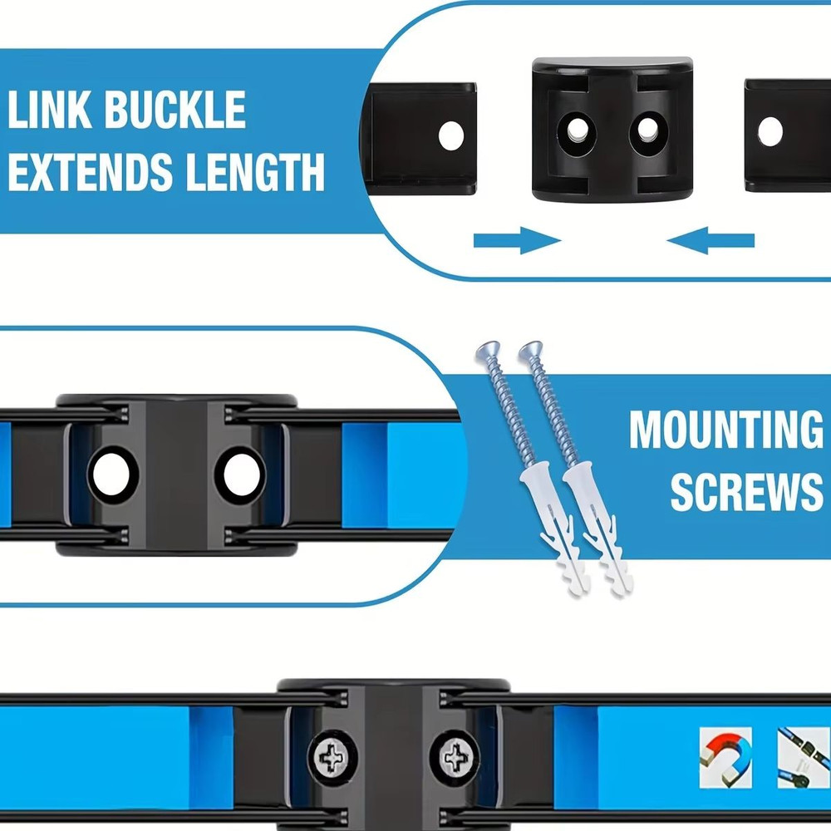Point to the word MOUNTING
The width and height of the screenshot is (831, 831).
click(725, 430)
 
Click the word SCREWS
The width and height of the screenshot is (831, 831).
click(746, 492)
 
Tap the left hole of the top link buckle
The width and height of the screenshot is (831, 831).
click(576, 129)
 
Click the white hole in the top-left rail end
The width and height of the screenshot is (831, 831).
click(451, 135)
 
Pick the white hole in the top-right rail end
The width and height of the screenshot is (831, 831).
click(770, 130)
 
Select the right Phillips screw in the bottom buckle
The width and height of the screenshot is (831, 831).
click(455, 758)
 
